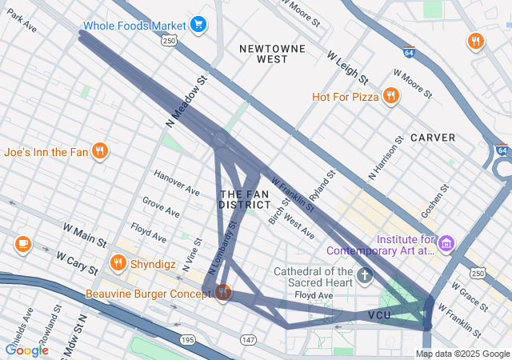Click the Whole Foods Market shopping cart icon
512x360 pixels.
pos(198,25)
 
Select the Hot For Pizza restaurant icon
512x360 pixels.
pos(391,97)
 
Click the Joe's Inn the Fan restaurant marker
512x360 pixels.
pos(100,150)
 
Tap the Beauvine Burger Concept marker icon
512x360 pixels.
pos(223,293)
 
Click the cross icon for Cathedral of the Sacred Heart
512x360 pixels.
pos(365,277)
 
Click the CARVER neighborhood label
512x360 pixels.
pos(433,138)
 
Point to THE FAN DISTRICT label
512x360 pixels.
pos(244,199)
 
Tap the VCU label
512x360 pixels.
pos(379,315)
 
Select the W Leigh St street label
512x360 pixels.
pos(347,68)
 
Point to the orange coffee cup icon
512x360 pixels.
pos(22,243)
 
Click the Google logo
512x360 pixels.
pos(26,350)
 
